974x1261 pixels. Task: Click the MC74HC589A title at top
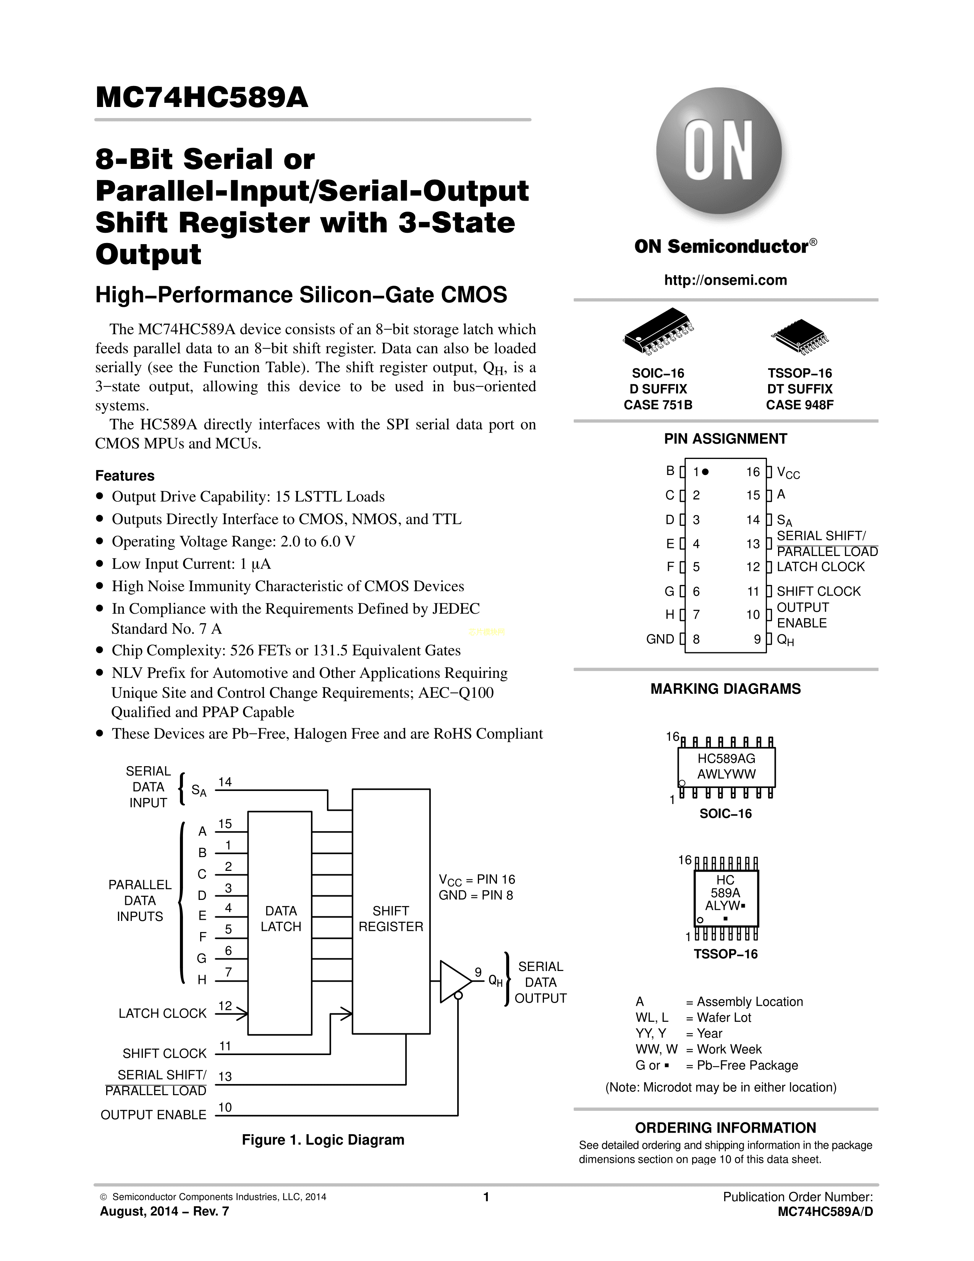202,97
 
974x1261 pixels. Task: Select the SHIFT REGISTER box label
391,919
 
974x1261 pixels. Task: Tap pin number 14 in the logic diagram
225,782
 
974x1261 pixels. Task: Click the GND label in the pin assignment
660,639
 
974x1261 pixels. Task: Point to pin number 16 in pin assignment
753,472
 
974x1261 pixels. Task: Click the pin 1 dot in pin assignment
705,472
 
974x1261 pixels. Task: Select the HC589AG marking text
726,759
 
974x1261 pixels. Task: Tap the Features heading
125,476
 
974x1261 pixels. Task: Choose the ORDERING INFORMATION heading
725,1128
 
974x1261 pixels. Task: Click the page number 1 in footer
486,1197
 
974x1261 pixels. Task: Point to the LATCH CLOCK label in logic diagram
162,1013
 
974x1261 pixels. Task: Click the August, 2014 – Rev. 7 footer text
165,1211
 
